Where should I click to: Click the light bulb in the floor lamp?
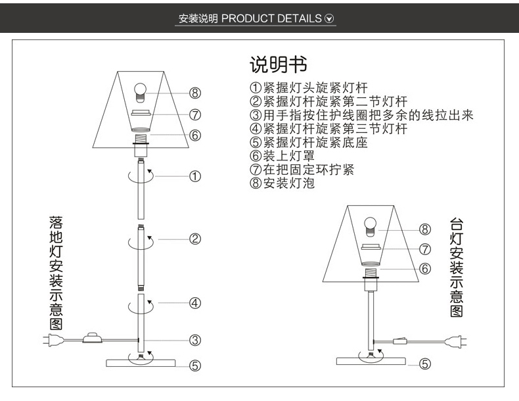point(139,91)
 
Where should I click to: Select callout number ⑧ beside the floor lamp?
point(195,93)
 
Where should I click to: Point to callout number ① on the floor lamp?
point(195,176)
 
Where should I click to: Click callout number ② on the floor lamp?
point(195,239)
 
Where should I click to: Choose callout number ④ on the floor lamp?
point(195,303)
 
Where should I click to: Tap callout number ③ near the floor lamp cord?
point(195,340)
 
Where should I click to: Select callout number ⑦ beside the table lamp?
point(425,249)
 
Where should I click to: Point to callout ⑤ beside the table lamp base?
point(425,363)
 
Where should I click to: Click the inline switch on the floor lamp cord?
point(92,339)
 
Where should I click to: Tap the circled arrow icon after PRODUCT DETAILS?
point(330,18)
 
